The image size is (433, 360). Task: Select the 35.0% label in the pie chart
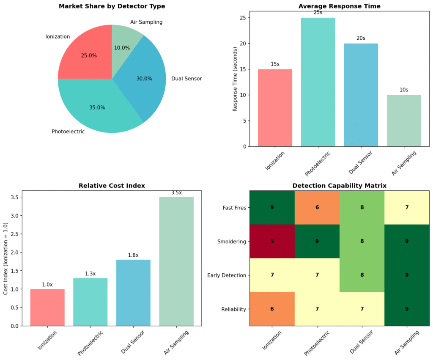point(97,107)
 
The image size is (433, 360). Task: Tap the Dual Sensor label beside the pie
point(186,79)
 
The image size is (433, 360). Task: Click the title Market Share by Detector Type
point(112,6)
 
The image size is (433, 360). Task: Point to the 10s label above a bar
point(404,90)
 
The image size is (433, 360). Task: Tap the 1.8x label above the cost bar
point(133,255)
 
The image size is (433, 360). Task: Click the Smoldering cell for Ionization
point(272,241)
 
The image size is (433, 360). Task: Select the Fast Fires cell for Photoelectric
point(317,208)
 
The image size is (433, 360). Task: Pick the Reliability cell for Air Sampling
point(407,309)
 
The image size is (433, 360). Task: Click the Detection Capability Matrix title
point(339,186)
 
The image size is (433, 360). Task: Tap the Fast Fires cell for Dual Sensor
point(362,208)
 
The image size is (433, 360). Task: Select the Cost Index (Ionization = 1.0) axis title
point(5,258)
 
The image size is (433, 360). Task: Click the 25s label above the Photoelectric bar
point(318,12)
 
